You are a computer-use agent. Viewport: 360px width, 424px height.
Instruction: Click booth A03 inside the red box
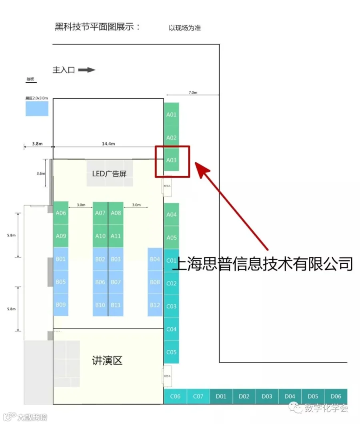pyautogui.click(x=171, y=160)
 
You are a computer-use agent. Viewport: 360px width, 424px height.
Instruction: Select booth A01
pyautogui.click(x=171, y=114)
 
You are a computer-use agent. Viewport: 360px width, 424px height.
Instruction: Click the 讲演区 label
pyautogui.click(x=107, y=360)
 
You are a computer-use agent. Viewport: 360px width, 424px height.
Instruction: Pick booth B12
pyautogui.click(x=155, y=305)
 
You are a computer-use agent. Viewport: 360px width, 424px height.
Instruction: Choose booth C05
pyautogui.click(x=171, y=352)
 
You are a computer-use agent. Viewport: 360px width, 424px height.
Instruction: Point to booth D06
pyautogui.click(x=336, y=396)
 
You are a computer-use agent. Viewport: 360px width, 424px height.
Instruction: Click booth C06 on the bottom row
pyautogui.click(x=175, y=396)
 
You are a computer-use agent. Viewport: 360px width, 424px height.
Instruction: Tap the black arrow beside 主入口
pyautogui.click(x=87, y=70)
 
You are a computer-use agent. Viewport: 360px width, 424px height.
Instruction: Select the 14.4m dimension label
pyautogui.click(x=108, y=144)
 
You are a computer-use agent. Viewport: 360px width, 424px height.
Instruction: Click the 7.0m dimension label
pyautogui.click(x=193, y=92)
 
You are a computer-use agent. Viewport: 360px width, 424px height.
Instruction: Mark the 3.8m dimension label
pyautogui.click(x=38, y=144)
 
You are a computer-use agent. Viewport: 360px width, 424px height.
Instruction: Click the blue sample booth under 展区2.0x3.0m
pyautogui.click(x=37, y=108)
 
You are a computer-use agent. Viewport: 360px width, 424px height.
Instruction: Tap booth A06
pyautogui.click(x=61, y=213)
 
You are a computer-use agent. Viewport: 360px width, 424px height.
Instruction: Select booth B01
pyautogui.click(x=61, y=259)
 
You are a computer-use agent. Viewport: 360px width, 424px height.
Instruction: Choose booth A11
pyautogui.click(x=116, y=236)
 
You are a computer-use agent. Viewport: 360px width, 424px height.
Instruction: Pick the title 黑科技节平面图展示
pyautogui.click(x=98, y=27)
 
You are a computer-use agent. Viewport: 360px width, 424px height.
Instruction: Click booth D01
pyautogui.click(x=221, y=396)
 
